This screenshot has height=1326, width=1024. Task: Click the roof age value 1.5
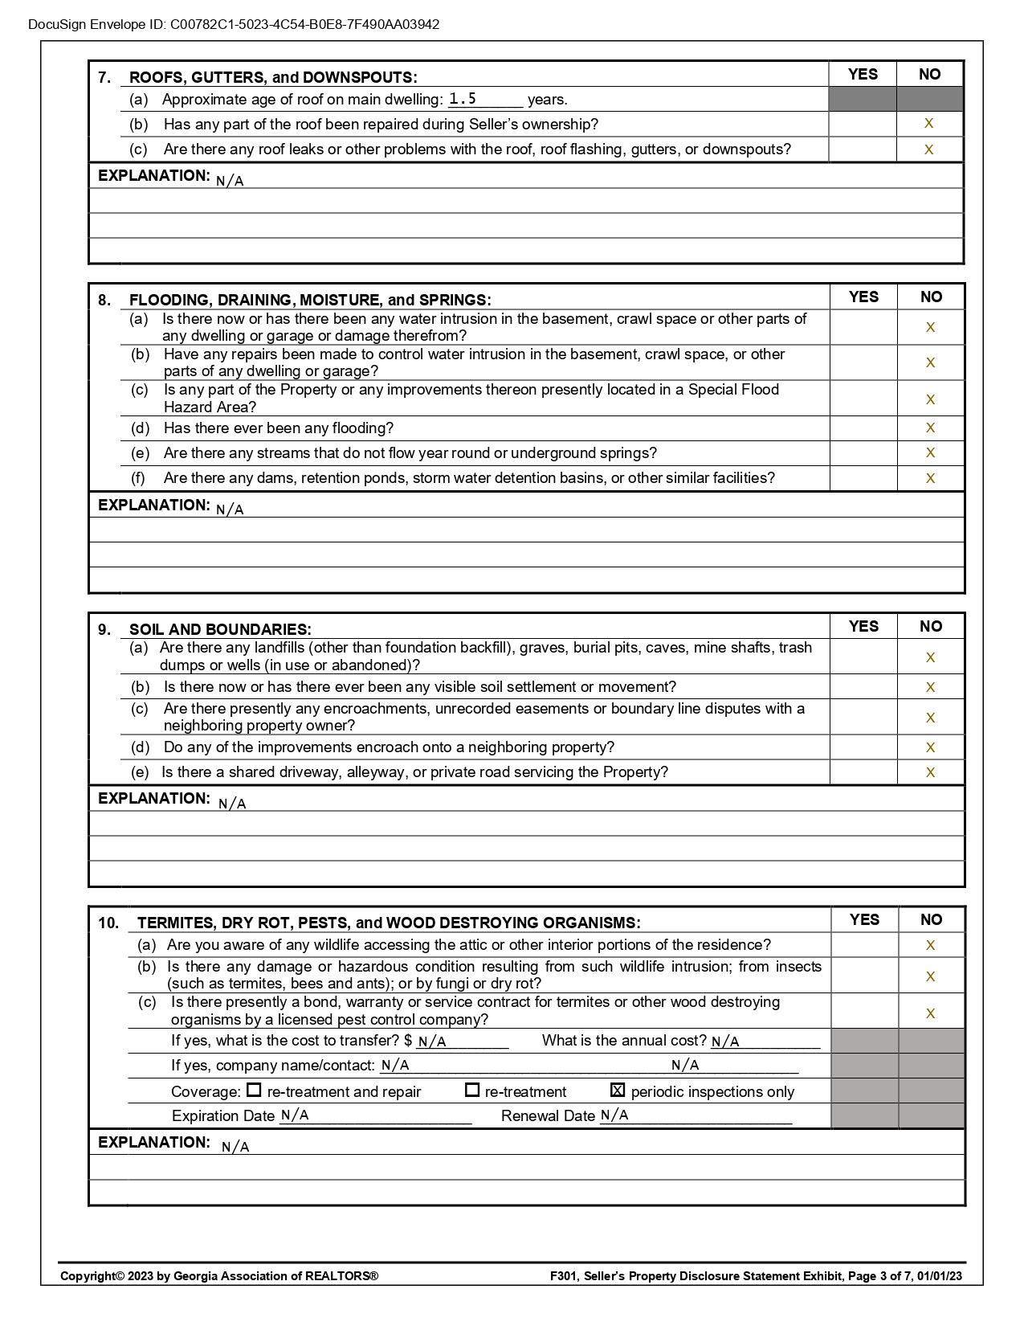click(463, 99)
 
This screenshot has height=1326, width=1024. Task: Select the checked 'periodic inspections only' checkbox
click(618, 1091)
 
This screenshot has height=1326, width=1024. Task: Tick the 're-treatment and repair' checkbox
click(254, 1091)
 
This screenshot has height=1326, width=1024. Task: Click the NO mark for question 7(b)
click(929, 124)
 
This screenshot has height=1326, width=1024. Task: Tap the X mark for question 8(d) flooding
click(930, 428)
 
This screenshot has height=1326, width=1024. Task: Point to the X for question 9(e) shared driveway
click(930, 772)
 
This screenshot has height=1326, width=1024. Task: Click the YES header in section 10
click(864, 919)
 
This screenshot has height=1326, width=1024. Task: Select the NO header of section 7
click(929, 74)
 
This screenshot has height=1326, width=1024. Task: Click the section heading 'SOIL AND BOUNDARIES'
click(220, 629)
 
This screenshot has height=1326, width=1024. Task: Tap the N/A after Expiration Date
click(295, 1115)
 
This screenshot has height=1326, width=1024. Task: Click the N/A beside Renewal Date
click(614, 1115)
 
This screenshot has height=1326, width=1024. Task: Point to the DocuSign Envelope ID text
click(234, 24)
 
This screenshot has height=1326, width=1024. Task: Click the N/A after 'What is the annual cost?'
click(725, 1042)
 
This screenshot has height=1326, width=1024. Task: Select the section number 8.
click(104, 301)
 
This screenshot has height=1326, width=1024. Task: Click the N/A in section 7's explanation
click(230, 181)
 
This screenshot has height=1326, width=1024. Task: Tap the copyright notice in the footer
click(219, 1276)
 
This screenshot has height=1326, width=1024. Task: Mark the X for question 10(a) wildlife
click(930, 945)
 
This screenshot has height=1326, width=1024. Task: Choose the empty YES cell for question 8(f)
click(863, 478)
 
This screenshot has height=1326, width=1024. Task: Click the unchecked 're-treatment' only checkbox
click(472, 1091)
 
